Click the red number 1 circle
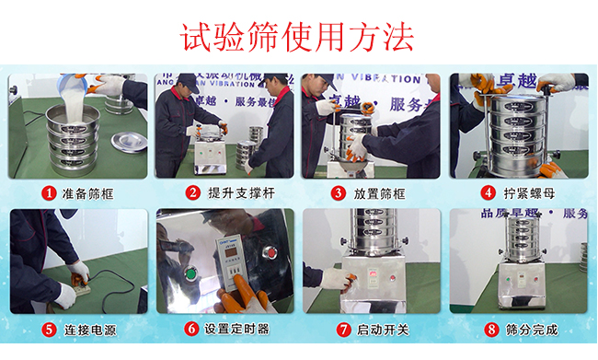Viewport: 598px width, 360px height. [x=51, y=193]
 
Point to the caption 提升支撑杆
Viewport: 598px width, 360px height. [x=237, y=193]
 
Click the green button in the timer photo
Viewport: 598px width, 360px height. [x=190, y=273]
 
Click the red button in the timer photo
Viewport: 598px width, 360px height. [x=270, y=250]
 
